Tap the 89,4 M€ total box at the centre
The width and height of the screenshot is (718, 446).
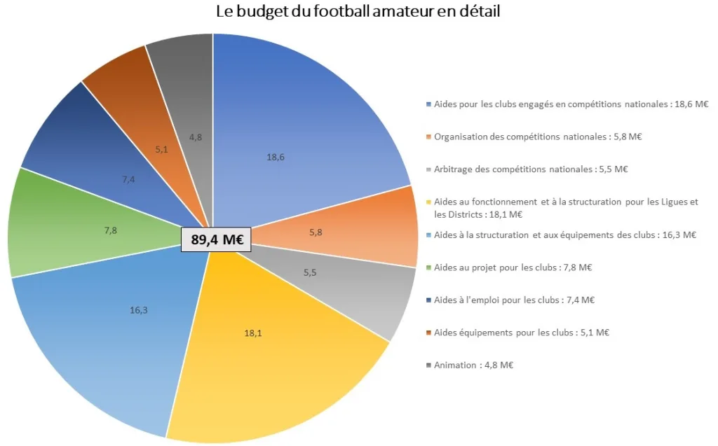click(x=217, y=239)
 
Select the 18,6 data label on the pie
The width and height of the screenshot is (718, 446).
click(x=276, y=158)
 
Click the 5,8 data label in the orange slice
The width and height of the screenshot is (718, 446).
click(x=316, y=232)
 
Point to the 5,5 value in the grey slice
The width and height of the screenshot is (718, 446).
click(x=310, y=272)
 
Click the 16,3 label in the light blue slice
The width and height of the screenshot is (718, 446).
click(x=138, y=309)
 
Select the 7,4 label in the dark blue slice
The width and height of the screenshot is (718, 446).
click(x=128, y=180)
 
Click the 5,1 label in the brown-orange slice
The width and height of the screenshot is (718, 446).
click(x=162, y=149)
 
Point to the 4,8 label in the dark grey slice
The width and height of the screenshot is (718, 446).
click(x=196, y=138)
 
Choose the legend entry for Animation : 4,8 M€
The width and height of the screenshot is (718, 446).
click(x=474, y=365)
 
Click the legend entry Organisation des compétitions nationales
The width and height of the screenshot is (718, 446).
click(x=538, y=137)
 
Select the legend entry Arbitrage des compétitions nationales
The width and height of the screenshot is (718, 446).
click(x=531, y=169)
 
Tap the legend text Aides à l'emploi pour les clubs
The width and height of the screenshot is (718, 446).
click(x=514, y=300)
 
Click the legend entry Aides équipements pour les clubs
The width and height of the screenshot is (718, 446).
click(x=521, y=333)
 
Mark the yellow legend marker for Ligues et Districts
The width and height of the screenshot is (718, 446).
click(x=428, y=202)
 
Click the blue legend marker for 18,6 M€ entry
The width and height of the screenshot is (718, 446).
click(x=428, y=104)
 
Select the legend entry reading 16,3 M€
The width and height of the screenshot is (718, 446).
click(x=564, y=235)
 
